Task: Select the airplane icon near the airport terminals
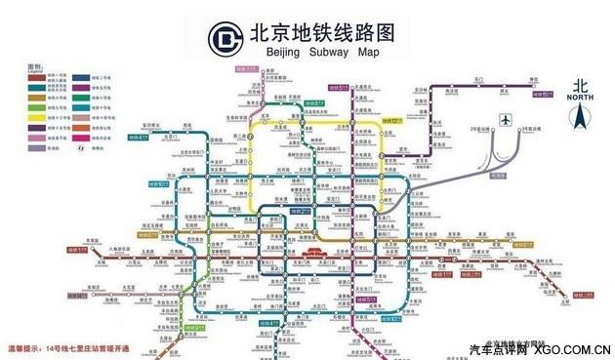505,120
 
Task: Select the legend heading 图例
33,64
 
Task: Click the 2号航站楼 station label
480,129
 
